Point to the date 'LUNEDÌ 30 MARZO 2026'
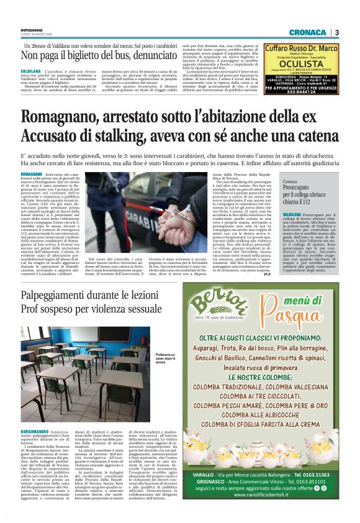(34, 35)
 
